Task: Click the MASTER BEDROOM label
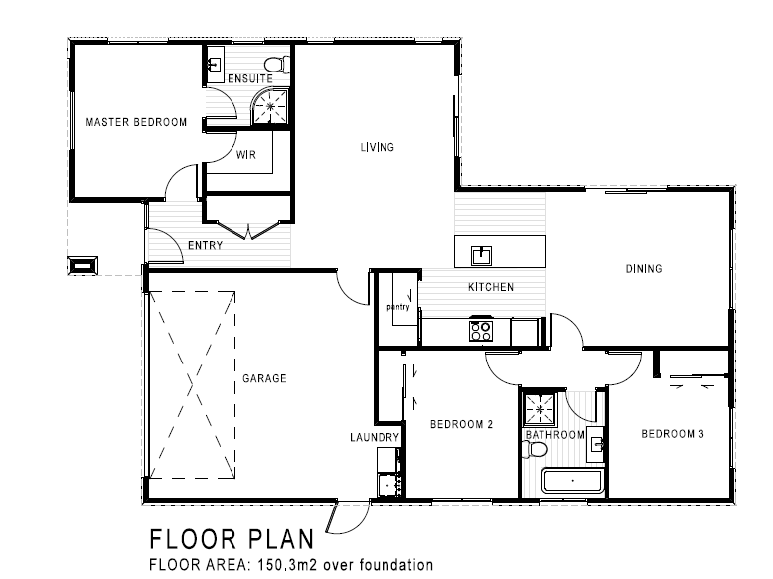136,122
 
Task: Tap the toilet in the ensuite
277,65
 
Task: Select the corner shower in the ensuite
269,106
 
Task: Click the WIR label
246,155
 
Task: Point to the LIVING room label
378,147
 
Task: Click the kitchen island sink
481,255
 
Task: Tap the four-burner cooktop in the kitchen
481,331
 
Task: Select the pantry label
398,307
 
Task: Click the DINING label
644,269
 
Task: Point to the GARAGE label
264,378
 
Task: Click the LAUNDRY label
375,437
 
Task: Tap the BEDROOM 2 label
461,424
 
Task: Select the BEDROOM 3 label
673,434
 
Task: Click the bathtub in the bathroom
573,481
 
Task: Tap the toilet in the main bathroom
535,450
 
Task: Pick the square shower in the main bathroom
540,409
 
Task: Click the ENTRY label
206,245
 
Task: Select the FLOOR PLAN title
232,539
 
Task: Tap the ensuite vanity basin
215,65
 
